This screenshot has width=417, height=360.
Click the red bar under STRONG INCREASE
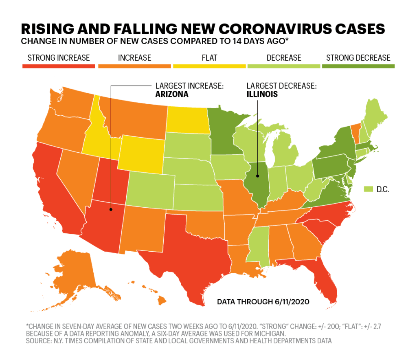coord(59,66)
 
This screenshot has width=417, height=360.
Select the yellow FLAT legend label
coord(209,58)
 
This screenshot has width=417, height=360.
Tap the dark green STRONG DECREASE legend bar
coord(358,66)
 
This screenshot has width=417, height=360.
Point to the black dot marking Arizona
coord(111,210)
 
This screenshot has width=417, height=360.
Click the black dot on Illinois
coord(257,176)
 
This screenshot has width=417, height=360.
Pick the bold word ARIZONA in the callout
coord(172,94)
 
